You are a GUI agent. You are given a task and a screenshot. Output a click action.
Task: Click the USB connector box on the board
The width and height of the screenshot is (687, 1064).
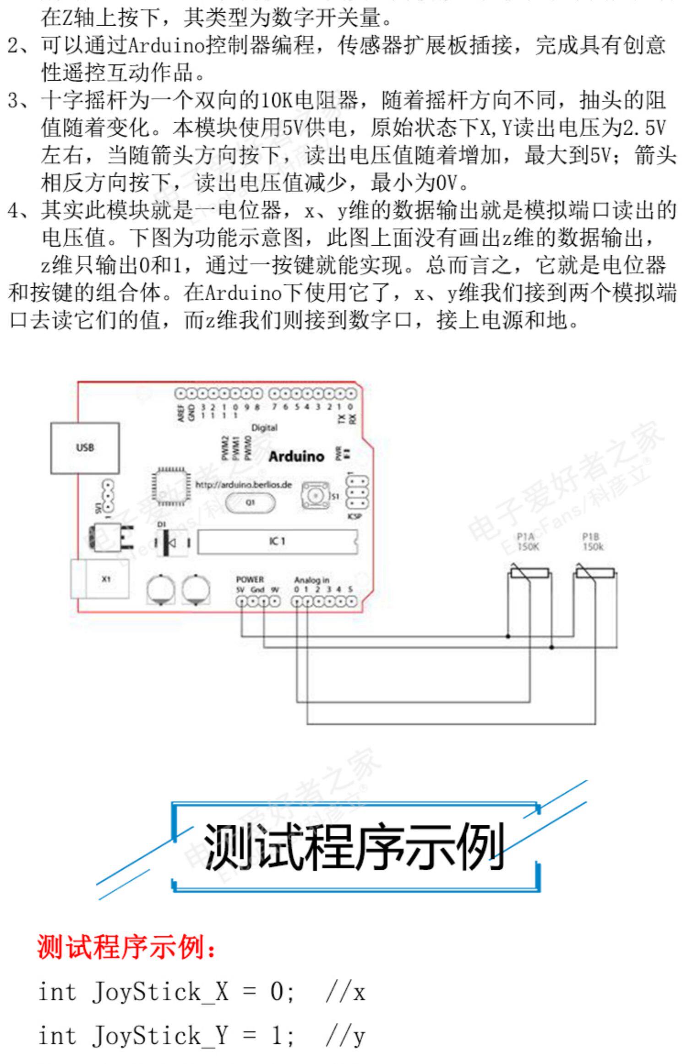tap(85, 448)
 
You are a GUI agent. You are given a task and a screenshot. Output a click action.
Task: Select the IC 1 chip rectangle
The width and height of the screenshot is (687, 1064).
tap(277, 542)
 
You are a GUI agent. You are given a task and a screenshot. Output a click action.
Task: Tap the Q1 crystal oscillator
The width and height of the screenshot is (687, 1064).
tap(250, 502)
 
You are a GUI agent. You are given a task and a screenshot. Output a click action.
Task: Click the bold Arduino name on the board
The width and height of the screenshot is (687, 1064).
tap(296, 456)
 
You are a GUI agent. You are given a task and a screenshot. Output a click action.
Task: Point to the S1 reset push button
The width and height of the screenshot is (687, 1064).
tap(315, 495)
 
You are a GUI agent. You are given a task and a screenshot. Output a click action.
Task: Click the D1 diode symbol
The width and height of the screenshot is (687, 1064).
tap(171, 543)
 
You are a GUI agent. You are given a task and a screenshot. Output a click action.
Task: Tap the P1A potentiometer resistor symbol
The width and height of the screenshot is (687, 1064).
tap(530, 574)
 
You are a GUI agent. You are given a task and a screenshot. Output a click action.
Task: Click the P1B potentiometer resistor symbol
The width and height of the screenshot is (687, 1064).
tap(595, 574)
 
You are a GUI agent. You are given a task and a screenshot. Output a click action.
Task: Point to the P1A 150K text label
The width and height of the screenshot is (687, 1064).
tap(528, 542)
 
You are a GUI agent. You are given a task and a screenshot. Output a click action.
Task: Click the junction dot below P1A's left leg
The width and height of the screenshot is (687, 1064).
tap(508, 636)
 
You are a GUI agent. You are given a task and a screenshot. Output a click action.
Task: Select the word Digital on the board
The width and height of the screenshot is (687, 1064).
tap(264, 428)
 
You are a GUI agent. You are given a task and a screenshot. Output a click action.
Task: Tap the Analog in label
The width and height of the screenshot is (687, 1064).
tap(311, 580)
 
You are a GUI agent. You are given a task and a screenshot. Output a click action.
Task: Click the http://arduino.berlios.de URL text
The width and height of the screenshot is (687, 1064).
tap(243, 485)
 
